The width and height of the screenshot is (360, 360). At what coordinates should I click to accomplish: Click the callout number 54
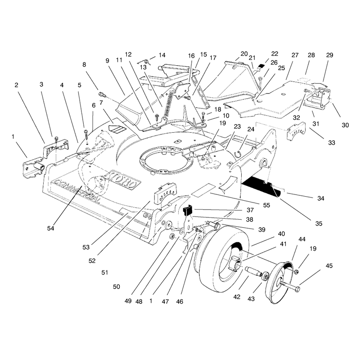50,229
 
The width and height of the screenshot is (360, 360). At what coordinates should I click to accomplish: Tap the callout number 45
329,266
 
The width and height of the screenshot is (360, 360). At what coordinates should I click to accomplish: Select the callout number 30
345,125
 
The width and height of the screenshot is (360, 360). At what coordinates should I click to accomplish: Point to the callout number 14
162,55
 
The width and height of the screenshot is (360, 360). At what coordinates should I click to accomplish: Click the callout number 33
331,143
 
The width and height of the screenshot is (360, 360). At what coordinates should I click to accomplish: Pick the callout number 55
266,205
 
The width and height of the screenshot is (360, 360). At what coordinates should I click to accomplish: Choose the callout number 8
84,65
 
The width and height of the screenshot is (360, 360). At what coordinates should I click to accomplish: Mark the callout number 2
16,85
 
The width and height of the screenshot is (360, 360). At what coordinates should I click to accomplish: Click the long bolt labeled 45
290,285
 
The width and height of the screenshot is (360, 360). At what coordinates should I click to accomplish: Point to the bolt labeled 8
102,94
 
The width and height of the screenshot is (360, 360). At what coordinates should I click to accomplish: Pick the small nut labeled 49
171,237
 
